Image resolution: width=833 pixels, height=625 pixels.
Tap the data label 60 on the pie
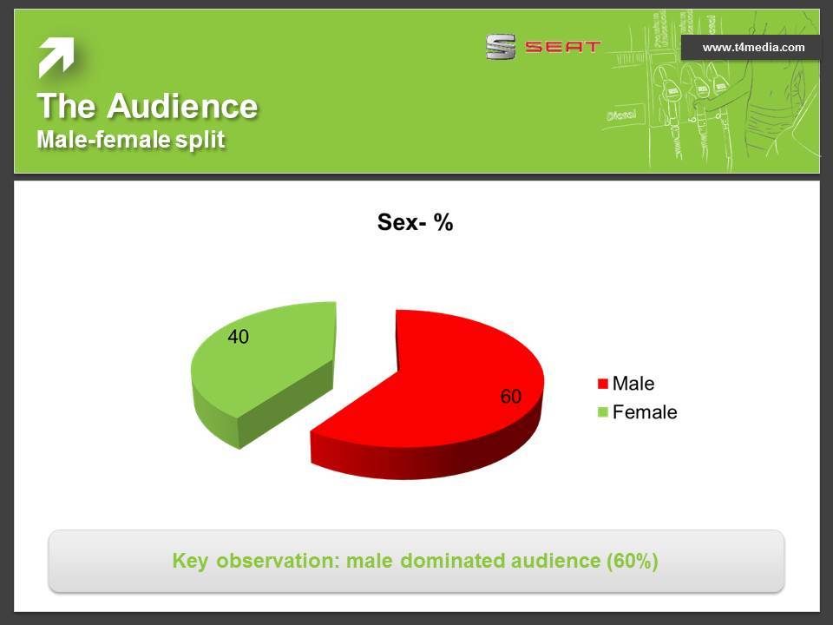(x=510, y=397)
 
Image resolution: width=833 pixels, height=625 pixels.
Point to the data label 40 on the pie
(x=238, y=337)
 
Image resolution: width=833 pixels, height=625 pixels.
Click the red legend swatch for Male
(x=602, y=384)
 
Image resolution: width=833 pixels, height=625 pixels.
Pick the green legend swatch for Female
(x=602, y=411)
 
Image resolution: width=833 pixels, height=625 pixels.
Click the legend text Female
(x=645, y=411)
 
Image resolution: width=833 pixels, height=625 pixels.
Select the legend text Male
(x=633, y=383)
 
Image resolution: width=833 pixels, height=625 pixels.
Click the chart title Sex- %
(x=415, y=222)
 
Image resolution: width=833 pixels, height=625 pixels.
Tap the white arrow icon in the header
(x=56, y=57)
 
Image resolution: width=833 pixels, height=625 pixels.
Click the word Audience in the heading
(x=182, y=106)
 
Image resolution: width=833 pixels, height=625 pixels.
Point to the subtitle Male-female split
(x=131, y=140)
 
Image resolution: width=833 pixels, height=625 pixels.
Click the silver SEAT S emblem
(x=501, y=47)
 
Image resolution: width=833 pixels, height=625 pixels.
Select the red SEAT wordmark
(x=562, y=47)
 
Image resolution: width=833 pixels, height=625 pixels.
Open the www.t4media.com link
(x=753, y=47)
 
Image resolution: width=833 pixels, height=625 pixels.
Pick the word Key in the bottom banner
(x=190, y=562)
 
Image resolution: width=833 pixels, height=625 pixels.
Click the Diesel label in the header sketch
(x=621, y=115)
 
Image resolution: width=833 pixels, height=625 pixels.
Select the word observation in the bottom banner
(x=278, y=561)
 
